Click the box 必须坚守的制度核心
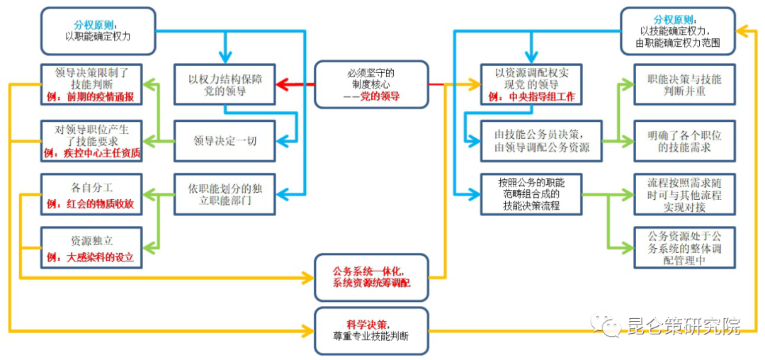coord(371,84)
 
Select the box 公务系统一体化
coord(371,276)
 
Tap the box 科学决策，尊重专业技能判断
coord(371,330)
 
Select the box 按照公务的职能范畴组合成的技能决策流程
coord(531,193)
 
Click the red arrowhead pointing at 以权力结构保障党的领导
coord(280,84)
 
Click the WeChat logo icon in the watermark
coord(608,325)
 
